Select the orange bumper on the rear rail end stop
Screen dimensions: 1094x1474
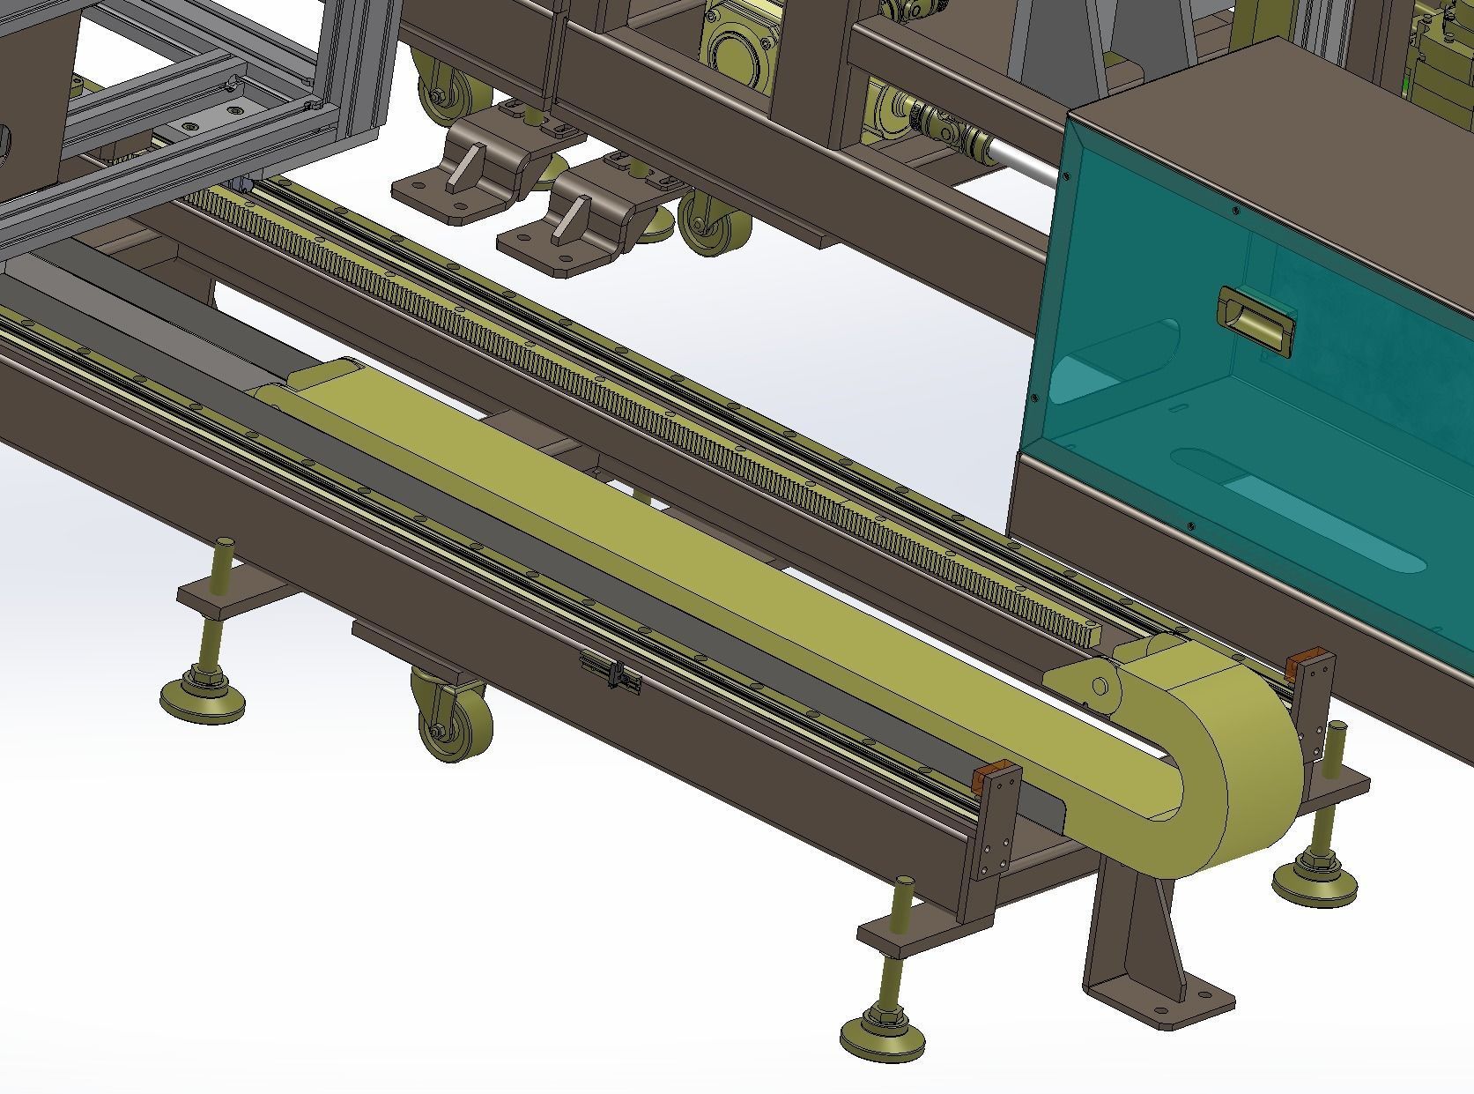(x=1301, y=663)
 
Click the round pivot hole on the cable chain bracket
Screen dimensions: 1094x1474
(x=1100, y=686)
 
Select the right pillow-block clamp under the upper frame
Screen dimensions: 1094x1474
(x=577, y=225)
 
